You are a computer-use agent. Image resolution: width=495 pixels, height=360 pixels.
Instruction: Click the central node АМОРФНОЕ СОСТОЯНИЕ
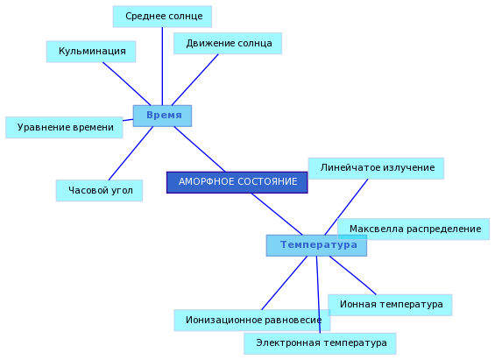(237, 182)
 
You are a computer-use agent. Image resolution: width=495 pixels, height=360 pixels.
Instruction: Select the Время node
(162, 116)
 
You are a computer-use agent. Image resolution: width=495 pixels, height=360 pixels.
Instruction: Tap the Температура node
(316, 245)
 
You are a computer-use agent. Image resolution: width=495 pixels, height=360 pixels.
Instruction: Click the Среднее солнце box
(162, 17)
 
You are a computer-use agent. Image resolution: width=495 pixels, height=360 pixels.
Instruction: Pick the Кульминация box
(91, 52)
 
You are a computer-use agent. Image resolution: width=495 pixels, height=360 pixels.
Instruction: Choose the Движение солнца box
(228, 44)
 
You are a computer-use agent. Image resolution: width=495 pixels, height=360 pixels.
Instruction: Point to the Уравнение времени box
(64, 128)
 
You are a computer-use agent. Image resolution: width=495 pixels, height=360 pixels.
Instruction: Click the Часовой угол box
(99, 191)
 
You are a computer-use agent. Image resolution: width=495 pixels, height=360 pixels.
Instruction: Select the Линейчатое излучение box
(376, 168)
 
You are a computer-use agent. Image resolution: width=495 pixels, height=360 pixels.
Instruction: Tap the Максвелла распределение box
(414, 229)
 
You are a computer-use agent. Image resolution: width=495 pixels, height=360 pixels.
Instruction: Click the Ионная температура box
(390, 305)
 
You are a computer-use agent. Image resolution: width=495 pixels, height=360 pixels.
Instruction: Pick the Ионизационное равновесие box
(252, 321)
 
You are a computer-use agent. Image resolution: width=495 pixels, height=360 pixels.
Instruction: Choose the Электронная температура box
(320, 343)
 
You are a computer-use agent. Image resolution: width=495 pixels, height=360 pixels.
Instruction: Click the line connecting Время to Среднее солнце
(162, 67)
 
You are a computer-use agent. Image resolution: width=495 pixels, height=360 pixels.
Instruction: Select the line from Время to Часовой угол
(131, 153)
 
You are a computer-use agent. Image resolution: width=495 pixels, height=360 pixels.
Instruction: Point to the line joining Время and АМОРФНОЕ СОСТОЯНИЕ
(200, 149)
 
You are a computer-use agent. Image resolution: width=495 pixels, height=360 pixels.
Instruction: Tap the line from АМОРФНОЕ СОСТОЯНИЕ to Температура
(277, 215)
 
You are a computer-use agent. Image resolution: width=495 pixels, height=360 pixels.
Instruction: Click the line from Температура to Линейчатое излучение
(346, 207)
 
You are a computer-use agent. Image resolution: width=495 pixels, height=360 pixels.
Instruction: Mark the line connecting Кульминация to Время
(126, 83)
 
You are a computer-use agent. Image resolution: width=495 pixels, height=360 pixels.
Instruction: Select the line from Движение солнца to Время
(194, 80)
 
